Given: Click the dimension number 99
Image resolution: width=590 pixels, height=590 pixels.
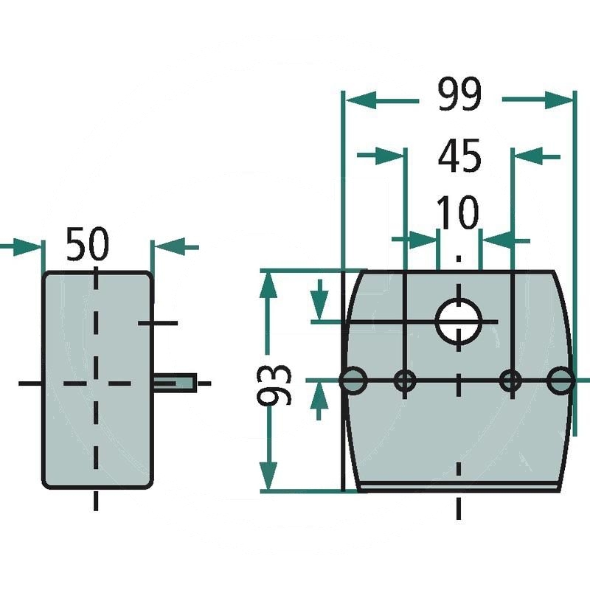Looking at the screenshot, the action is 459,94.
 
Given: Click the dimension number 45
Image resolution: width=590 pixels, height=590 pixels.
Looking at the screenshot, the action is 459,155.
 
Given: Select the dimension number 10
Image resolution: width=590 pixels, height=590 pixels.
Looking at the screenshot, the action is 458,212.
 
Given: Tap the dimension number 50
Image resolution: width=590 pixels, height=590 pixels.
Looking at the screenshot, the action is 87,244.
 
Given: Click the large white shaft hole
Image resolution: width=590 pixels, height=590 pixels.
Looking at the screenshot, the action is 458,322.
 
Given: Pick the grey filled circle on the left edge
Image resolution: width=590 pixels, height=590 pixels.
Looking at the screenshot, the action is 353,381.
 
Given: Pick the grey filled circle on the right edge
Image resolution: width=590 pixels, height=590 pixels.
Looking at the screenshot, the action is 561,381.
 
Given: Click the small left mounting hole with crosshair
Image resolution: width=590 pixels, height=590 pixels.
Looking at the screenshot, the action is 404,381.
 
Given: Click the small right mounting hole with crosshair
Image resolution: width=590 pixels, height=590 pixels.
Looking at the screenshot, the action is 510,381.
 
